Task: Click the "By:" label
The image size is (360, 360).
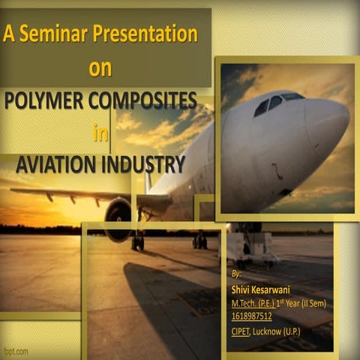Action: (237, 276)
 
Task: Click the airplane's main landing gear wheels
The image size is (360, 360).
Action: (199, 241)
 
